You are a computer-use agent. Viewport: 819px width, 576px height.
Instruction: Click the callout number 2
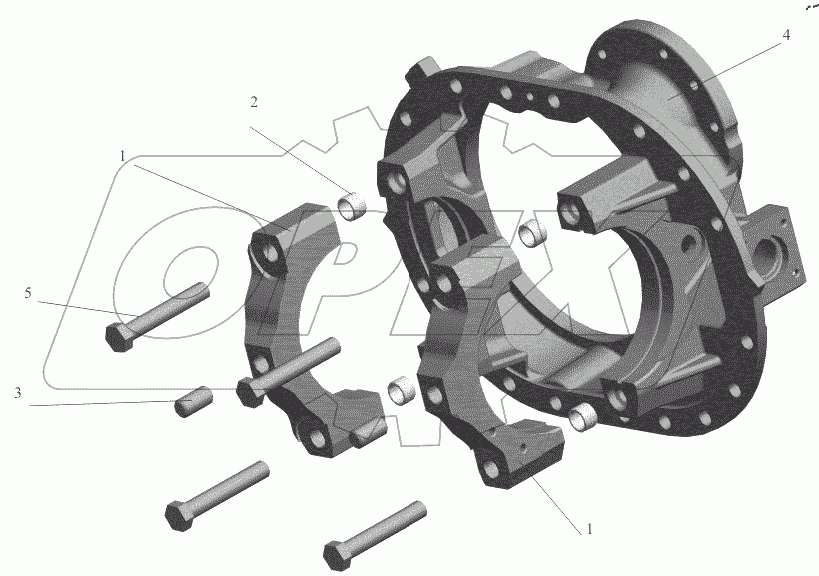(x=254, y=102)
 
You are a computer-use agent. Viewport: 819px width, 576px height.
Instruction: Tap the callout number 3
(x=18, y=392)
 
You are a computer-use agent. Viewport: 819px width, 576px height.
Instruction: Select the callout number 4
(x=786, y=35)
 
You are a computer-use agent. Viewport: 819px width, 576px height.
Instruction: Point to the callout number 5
(x=28, y=293)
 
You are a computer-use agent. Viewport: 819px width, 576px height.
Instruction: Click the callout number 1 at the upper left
(x=122, y=156)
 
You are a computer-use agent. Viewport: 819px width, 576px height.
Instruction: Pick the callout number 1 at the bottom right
(x=590, y=529)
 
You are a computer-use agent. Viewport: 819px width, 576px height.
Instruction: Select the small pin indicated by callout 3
(x=192, y=401)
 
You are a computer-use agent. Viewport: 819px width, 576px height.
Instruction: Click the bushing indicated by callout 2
(x=351, y=205)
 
